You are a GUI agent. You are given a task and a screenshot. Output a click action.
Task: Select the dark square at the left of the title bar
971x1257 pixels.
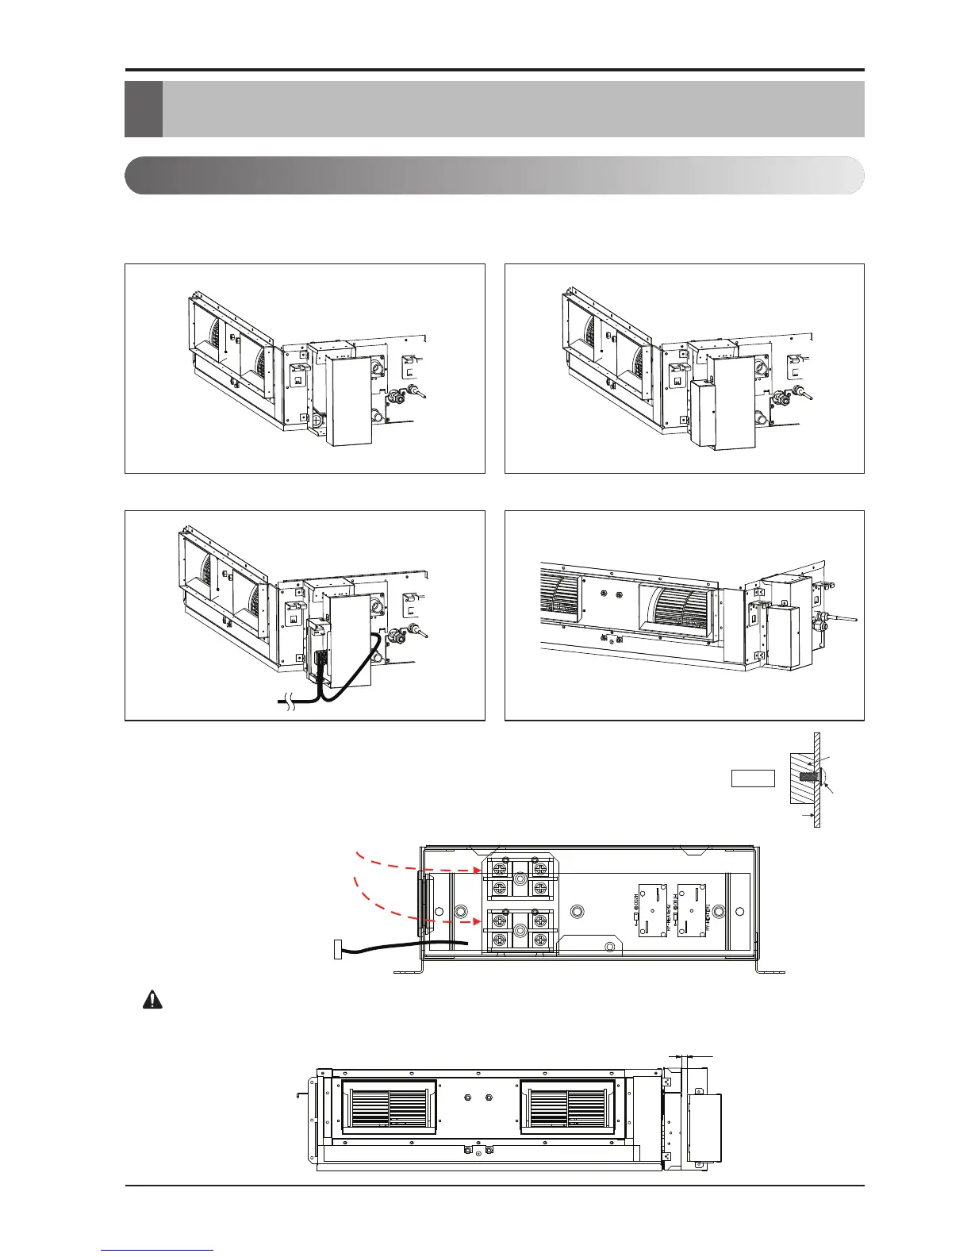pyautogui.click(x=144, y=109)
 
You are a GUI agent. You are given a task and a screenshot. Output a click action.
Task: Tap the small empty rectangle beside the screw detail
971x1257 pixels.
pyautogui.click(x=752, y=778)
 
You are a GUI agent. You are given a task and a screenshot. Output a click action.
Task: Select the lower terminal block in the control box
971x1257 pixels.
pyautogui.click(x=520, y=929)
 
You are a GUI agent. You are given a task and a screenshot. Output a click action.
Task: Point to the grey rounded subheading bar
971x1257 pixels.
pyautogui.click(x=494, y=175)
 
